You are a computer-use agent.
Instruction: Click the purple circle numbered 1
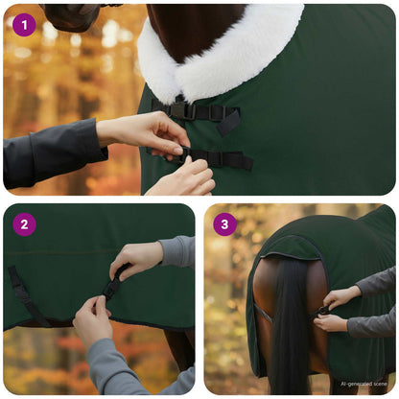(24, 25)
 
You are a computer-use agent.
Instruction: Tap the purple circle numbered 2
(24, 224)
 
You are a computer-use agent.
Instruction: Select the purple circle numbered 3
(224, 224)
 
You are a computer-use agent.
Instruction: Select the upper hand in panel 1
(144, 130)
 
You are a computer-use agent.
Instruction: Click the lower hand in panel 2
(92, 322)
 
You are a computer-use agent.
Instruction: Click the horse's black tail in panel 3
(289, 326)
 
